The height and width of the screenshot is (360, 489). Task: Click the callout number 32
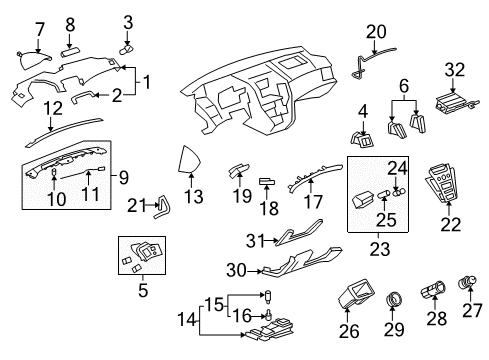[455, 69]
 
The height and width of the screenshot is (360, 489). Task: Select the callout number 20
[375, 31]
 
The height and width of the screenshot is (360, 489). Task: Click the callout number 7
[39, 27]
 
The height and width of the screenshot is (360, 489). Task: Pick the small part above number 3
[128, 49]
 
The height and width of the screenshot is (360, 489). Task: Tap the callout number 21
[137, 205]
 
